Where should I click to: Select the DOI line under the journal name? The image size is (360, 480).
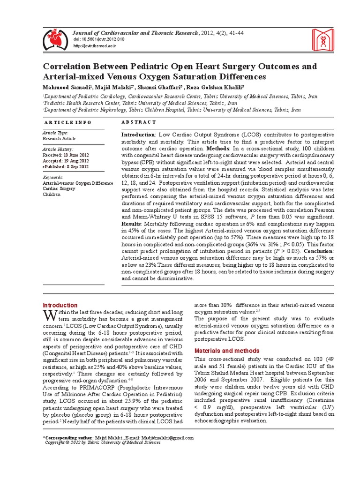point(98,39)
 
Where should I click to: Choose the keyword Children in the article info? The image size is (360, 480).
point(52,194)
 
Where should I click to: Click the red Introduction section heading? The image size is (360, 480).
point(60,305)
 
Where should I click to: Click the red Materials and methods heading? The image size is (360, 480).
point(227,350)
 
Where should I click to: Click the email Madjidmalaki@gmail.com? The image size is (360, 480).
point(166,437)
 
